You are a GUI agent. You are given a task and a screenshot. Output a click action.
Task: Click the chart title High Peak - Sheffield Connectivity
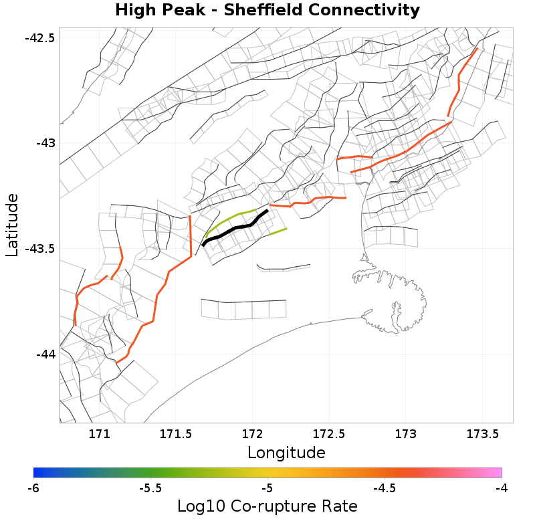click(x=267, y=11)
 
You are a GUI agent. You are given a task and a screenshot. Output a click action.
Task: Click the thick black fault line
click(x=235, y=229)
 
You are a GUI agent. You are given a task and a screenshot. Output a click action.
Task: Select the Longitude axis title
click(x=286, y=453)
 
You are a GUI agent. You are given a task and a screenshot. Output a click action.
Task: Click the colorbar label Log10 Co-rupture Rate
click(x=267, y=506)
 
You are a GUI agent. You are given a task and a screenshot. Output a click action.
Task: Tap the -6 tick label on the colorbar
click(x=33, y=488)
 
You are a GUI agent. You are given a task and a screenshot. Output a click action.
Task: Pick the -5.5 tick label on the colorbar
click(x=150, y=488)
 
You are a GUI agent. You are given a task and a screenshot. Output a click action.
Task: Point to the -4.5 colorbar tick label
click(x=384, y=488)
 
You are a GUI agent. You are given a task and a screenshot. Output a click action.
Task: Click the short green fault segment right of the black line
click(x=278, y=231)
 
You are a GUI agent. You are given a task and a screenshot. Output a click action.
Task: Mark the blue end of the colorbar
click(x=37, y=472)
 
